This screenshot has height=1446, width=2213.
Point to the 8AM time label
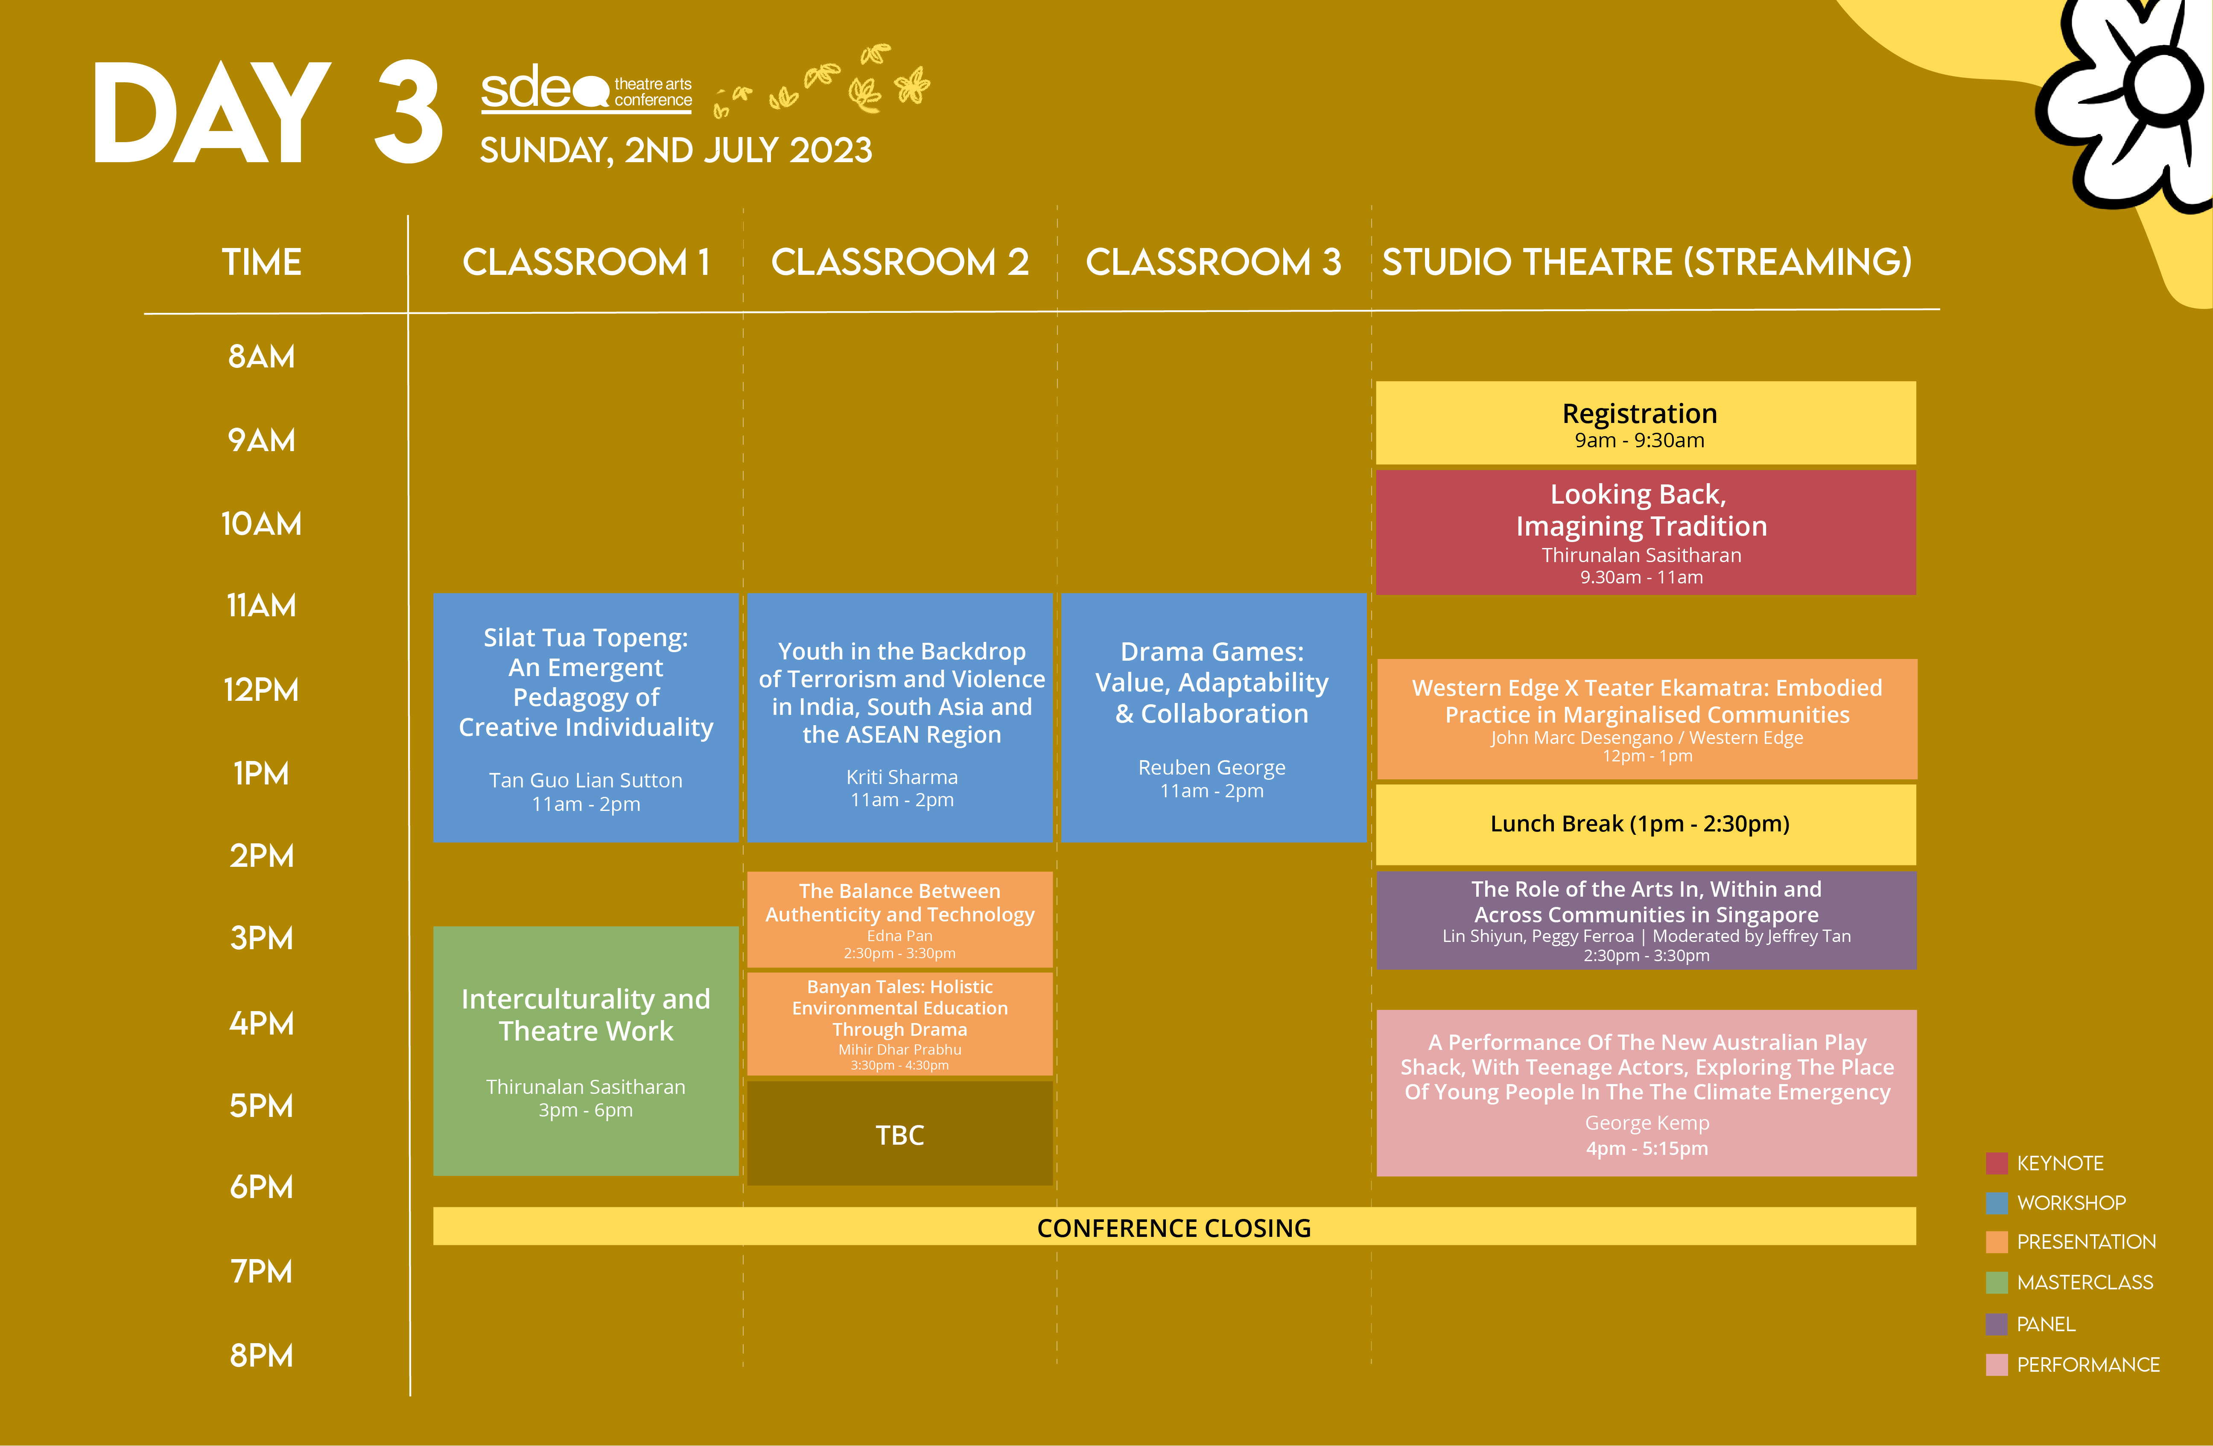click(261, 356)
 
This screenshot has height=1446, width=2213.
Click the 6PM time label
click(261, 1187)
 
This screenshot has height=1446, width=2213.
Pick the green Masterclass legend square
click(1996, 1283)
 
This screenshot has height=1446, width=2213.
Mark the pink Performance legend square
click(1996, 1364)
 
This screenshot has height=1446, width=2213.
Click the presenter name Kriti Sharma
click(902, 776)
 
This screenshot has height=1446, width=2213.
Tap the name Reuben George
click(1212, 767)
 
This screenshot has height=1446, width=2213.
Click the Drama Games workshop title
click(1212, 682)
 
